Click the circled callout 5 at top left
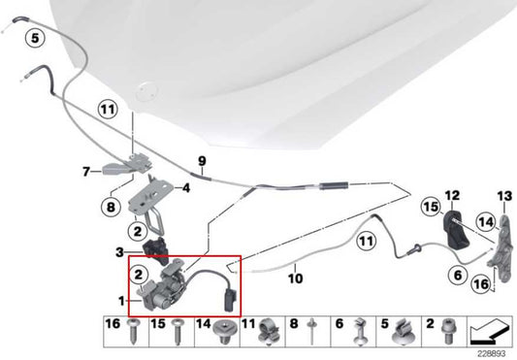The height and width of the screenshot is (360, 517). point(35,40)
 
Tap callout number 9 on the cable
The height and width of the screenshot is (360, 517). point(202,161)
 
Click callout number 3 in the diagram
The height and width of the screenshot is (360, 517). point(119,252)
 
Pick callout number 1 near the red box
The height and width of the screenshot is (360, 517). point(119,301)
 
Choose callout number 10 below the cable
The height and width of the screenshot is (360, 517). point(296,279)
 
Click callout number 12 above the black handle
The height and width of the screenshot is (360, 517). point(451,196)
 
